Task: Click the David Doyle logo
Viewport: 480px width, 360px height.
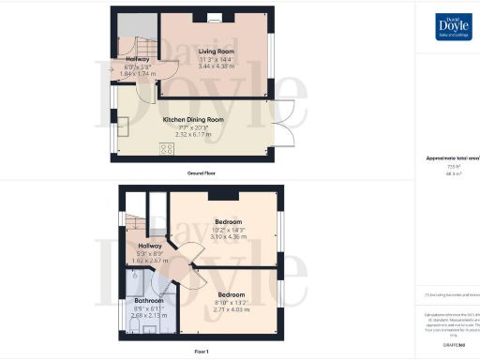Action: [x=454, y=27]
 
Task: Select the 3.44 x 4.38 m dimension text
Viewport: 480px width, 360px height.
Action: [x=215, y=67]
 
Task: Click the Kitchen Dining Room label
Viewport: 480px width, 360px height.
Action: [x=194, y=120]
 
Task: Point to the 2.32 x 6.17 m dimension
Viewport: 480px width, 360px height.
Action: [x=194, y=134]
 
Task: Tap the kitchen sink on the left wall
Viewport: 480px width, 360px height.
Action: [x=123, y=126]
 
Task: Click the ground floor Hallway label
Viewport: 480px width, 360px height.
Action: [x=139, y=59]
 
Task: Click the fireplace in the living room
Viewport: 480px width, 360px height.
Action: [x=215, y=16]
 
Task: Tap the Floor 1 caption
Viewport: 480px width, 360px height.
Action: [x=202, y=351]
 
